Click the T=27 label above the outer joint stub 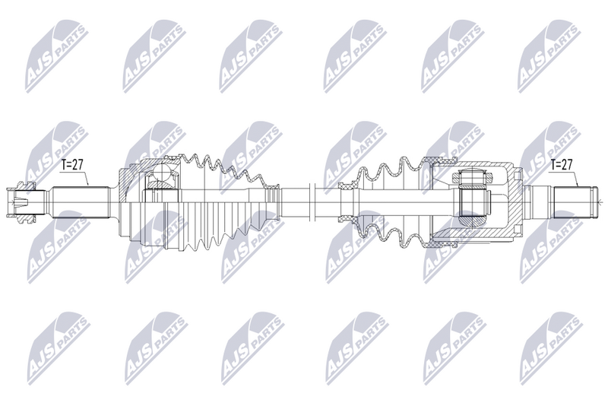tap(72, 165)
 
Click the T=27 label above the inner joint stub tap(562, 165)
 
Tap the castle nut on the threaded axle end tap(21, 201)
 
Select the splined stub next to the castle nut tap(81, 202)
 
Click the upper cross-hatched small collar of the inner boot tap(347, 186)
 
